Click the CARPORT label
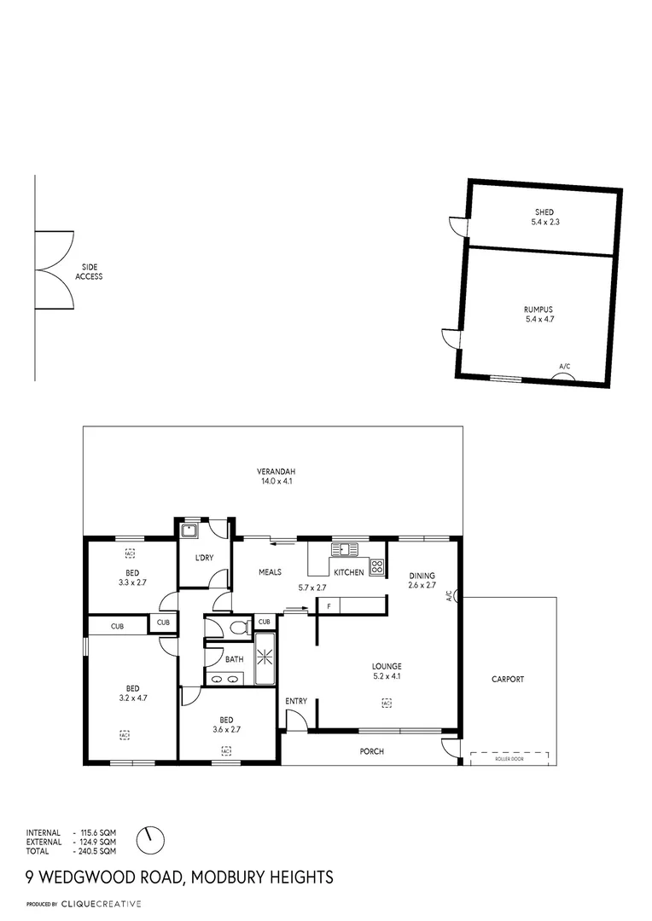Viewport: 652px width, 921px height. point(508,680)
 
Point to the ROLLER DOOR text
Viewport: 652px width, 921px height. point(509,757)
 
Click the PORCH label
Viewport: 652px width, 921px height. point(371,751)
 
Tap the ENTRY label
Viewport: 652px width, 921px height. point(296,701)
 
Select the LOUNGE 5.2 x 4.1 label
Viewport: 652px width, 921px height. point(386,671)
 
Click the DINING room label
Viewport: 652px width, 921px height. point(422,580)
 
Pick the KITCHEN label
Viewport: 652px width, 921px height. point(349,572)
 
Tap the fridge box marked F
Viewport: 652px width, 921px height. point(329,605)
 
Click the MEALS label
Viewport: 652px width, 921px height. point(270,572)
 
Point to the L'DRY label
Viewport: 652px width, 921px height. point(204,558)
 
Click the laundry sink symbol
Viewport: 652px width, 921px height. point(189,531)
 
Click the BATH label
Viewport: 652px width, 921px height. point(234,658)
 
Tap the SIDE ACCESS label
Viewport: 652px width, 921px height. point(90,272)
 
